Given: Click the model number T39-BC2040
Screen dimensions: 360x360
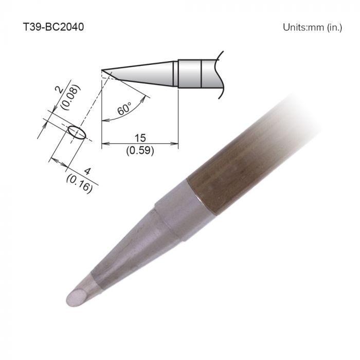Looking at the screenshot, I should point(53,27).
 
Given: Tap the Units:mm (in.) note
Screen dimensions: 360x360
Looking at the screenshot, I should point(312,27).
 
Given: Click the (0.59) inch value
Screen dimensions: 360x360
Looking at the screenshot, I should point(139,151).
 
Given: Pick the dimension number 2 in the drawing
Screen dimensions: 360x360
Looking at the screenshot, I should point(58,92).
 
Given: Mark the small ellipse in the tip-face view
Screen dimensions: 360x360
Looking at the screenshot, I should point(77,132).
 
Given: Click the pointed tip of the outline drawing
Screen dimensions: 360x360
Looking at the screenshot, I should point(103,70).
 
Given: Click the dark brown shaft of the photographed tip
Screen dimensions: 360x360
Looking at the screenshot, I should point(242,165).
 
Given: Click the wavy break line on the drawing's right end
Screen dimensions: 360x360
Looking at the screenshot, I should point(221,75).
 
